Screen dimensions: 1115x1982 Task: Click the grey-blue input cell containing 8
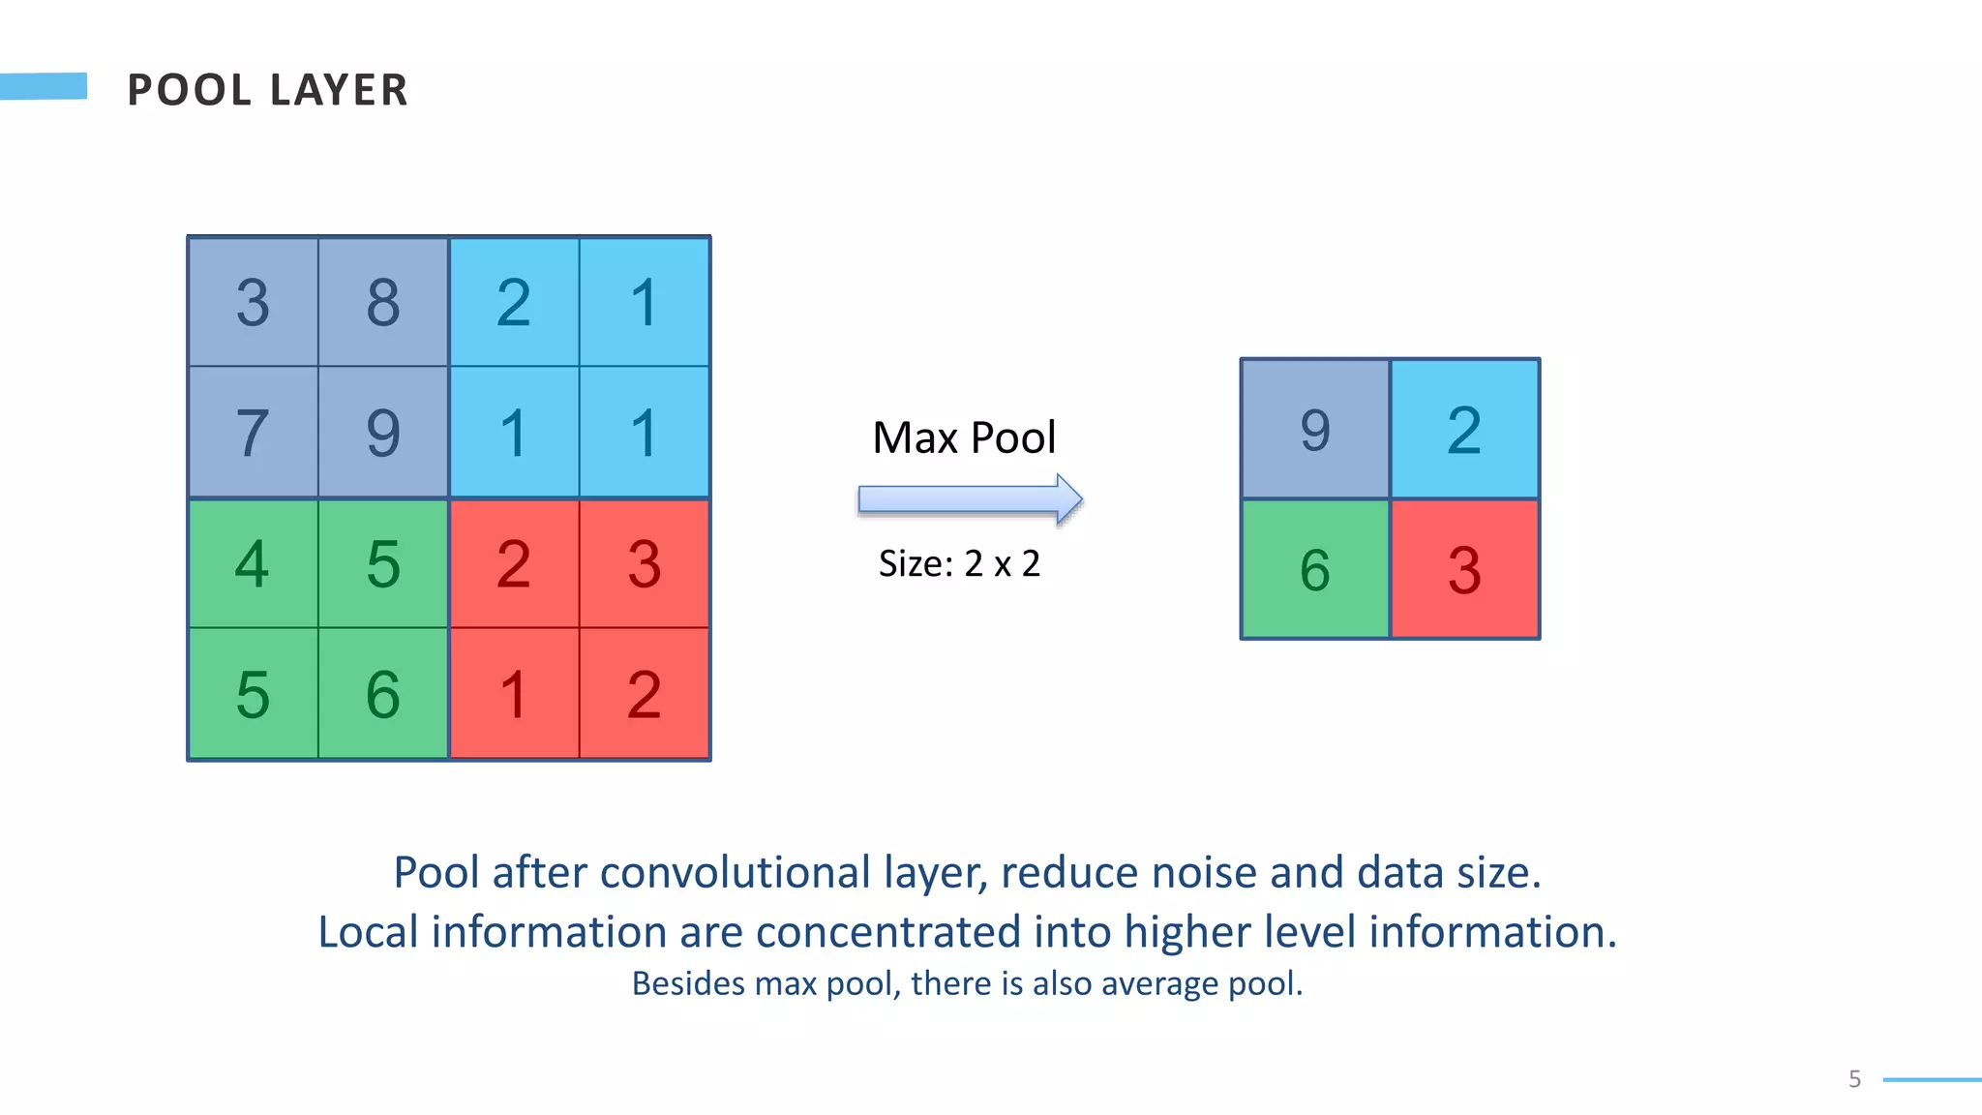(383, 302)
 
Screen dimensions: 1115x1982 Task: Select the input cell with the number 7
(253, 433)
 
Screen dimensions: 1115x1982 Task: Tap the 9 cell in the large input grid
(383, 433)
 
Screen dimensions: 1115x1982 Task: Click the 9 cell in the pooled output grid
(1314, 430)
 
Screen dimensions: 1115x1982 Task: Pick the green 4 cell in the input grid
(253, 563)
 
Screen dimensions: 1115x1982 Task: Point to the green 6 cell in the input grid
(383, 694)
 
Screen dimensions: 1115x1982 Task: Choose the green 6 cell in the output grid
(1314, 569)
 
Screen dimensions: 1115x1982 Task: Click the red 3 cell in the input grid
(645, 563)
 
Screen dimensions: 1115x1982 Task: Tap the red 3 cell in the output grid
(1464, 569)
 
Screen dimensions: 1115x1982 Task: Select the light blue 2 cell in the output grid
(1464, 430)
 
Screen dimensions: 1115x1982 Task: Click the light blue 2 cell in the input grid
(514, 302)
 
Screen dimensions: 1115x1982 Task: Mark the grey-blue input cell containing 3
(253, 302)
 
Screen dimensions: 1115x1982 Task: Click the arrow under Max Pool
(969, 499)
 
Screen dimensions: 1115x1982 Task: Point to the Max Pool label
(964, 437)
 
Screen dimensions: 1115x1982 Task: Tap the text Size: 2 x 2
(959, 563)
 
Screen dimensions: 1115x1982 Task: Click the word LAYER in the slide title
(339, 90)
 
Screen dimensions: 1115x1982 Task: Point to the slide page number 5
(1854, 1079)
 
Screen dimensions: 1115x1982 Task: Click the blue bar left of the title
(44, 86)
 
